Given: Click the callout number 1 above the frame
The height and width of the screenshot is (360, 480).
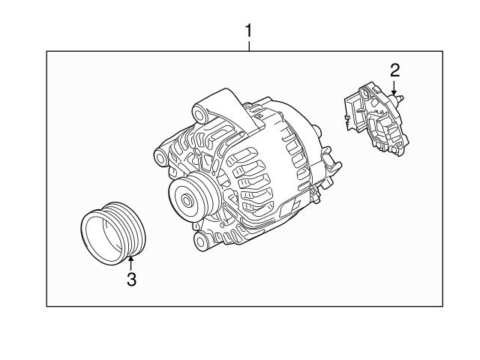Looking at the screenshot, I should click(250, 31).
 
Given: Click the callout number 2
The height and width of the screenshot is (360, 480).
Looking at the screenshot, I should click(394, 70).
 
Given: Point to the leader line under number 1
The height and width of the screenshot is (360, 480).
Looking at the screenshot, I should click(250, 46).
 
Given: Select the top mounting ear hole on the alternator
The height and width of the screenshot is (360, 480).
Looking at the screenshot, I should click(200, 114).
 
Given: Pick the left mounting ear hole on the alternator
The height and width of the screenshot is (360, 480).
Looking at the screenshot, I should click(160, 159).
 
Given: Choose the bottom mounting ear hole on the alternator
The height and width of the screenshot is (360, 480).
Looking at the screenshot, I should click(199, 241).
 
